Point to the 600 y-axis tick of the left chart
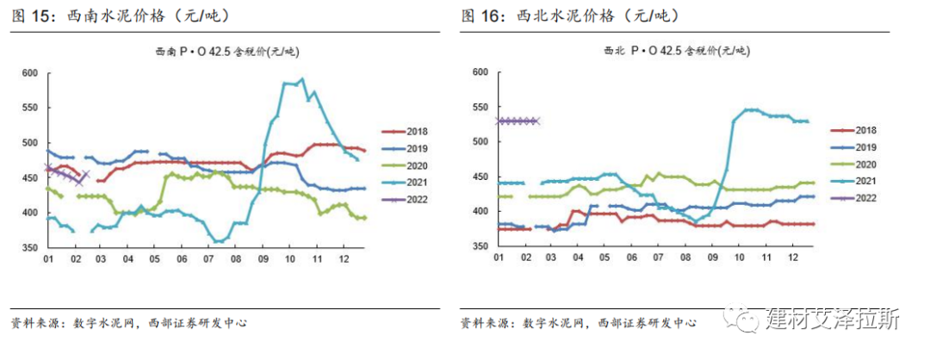click(x=28, y=73)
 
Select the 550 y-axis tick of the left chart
click(x=28, y=108)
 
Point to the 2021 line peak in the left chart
click(x=301, y=80)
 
